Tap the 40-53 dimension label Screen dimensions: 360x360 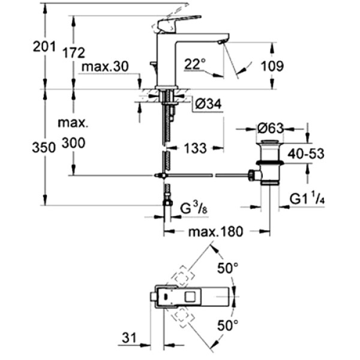[x=305, y=154]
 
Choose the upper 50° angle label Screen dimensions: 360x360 [x=229, y=269]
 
